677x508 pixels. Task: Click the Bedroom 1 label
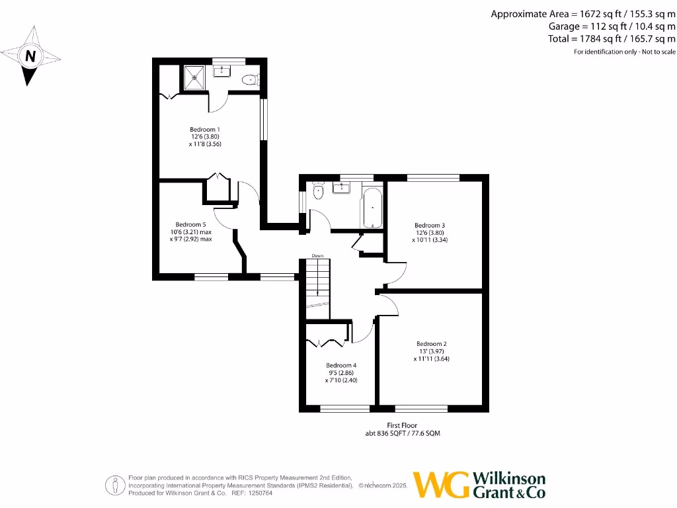tap(204, 129)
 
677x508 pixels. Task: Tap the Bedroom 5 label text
tap(191, 224)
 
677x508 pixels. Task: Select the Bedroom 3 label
tap(429, 225)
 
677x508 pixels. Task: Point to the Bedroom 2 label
tap(431, 344)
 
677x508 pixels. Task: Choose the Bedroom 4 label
tap(341, 365)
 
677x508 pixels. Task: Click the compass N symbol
tap(29, 57)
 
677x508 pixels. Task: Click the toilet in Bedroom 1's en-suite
tap(249, 80)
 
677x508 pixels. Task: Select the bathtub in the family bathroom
tap(372, 207)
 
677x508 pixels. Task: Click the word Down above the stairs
tap(317, 256)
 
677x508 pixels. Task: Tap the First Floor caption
tap(402, 425)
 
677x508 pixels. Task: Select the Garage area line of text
tap(612, 26)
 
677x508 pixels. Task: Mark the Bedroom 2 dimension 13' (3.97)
tap(431, 351)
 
